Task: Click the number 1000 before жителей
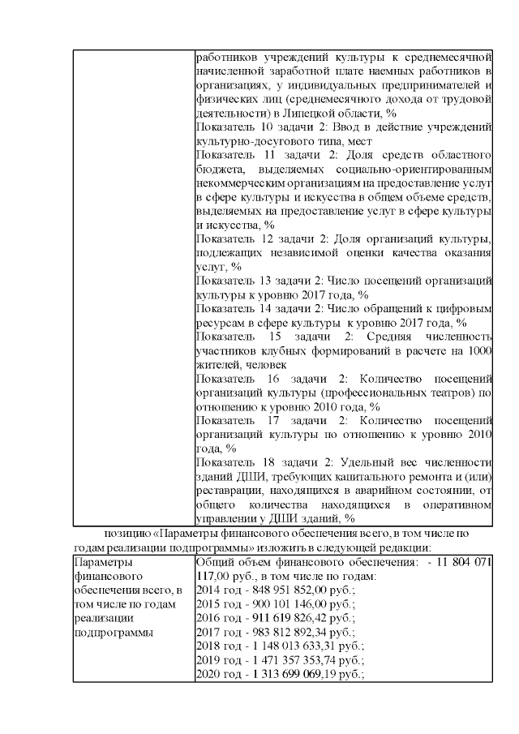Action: (x=481, y=351)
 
